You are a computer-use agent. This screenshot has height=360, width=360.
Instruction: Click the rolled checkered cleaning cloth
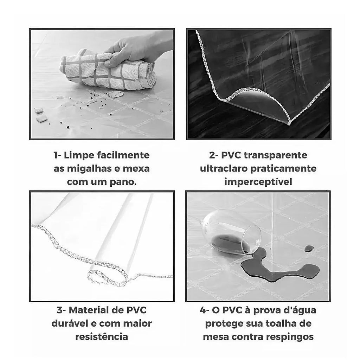coord(108,71)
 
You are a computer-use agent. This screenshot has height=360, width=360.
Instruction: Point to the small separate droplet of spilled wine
coord(309,249)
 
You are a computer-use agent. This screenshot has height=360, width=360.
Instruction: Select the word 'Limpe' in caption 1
coord(78,155)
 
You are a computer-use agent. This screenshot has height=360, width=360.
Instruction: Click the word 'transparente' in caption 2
coord(276,155)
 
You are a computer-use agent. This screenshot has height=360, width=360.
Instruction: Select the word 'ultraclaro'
coord(224,169)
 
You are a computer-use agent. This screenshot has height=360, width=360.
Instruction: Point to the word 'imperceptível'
coord(258,182)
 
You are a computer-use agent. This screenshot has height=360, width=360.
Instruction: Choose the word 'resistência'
coord(102,337)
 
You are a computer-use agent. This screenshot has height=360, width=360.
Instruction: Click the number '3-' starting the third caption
coord(61,310)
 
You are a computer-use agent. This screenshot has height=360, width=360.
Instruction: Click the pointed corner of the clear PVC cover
coord(289,123)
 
